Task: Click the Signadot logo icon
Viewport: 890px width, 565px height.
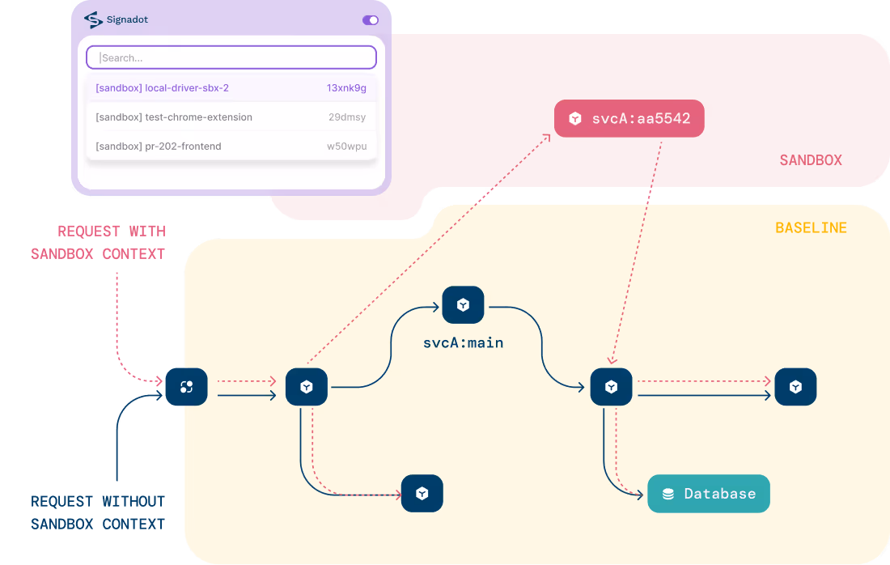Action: pos(94,19)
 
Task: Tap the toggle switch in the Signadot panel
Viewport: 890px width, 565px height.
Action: pos(370,20)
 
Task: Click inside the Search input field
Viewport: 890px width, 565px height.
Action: pos(231,57)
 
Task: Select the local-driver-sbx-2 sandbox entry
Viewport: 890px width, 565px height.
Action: pos(162,87)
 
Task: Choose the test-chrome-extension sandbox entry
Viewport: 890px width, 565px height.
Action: pos(174,117)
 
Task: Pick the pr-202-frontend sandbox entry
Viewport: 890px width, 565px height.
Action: pos(159,146)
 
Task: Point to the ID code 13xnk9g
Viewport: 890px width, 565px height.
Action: pos(346,87)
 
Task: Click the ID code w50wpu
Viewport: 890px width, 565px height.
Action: pos(346,146)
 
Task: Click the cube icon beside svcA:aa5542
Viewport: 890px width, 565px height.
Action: pos(574,119)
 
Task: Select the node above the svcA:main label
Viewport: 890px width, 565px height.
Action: pos(463,305)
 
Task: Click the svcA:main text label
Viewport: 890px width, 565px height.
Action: pos(463,342)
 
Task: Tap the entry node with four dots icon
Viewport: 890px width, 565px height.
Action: pos(186,387)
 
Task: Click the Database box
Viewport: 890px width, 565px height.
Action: pos(708,494)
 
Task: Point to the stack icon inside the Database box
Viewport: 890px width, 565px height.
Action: pos(668,494)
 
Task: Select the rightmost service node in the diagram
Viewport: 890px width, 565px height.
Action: pos(795,387)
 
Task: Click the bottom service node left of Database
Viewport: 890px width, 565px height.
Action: pos(422,493)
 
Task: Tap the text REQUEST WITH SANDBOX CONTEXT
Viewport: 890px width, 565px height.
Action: pos(98,242)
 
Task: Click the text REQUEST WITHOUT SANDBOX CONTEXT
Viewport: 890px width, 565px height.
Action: pos(98,512)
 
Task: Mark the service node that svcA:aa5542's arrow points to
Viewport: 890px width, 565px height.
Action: pos(611,387)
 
